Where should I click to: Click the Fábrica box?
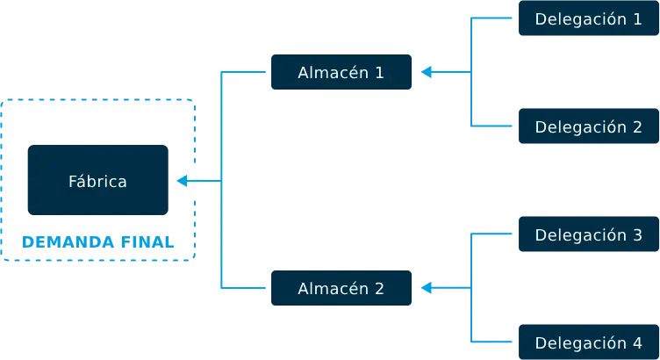tap(97, 180)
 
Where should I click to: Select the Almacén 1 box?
tap(341, 72)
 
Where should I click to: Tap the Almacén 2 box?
tap(341, 288)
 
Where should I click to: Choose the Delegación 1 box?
tap(588, 18)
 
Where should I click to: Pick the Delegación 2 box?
tap(588, 126)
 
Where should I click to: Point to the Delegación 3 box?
tap(588, 234)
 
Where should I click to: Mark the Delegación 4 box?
tap(588, 342)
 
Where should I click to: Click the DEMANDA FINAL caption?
tap(97, 241)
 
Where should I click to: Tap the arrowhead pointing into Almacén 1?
tap(426, 72)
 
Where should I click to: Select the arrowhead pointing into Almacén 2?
tap(426, 288)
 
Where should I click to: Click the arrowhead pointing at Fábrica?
tap(183, 181)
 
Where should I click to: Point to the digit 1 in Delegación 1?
tap(637, 18)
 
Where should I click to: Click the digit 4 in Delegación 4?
tap(637, 342)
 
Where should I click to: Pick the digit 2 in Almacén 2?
tap(379, 288)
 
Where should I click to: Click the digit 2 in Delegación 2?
tap(637, 126)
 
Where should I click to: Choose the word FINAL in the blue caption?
tap(147, 241)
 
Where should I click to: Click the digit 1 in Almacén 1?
tap(379, 72)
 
